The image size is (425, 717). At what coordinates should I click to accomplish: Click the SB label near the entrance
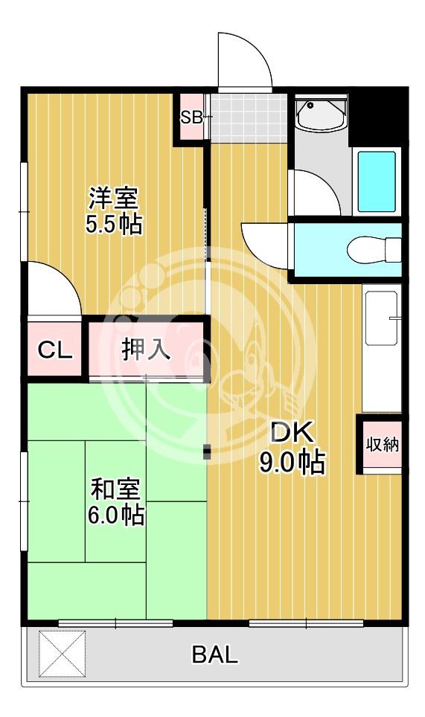pyautogui.click(x=191, y=116)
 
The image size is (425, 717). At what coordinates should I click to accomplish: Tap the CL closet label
pyautogui.click(x=55, y=350)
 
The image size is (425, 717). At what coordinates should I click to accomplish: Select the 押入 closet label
pyautogui.click(x=147, y=349)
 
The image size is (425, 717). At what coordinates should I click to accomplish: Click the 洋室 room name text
pyautogui.click(x=114, y=199)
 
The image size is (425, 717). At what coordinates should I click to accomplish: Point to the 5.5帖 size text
pyautogui.click(x=114, y=224)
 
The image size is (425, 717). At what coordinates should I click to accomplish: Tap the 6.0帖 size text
pyautogui.click(x=115, y=515)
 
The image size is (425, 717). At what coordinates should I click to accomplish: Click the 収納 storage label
pyautogui.click(x=383, y=445)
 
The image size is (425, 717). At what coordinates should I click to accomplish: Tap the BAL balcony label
pyautogui.click(x=215, y=655)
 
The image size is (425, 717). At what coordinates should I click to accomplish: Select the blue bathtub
pyautogui.click(x=377, y=181)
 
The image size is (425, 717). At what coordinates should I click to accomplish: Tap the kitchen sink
pyautogui.click(x=383, y=318)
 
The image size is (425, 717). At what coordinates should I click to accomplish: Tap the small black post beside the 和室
pyautogui.click(x=207, y=451)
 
